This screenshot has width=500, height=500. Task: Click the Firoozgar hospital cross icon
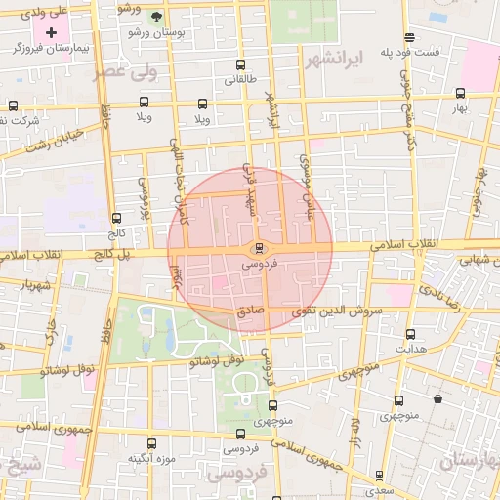tap(52, 32)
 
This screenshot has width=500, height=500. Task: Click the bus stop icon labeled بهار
tap(461, 94)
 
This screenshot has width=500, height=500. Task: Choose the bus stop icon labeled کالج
tap(117, 219)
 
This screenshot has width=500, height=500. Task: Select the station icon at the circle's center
tap(259, 248)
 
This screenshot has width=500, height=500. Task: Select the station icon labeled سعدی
tap(379, 477)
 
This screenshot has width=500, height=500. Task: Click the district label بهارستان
tap(471, 460)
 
